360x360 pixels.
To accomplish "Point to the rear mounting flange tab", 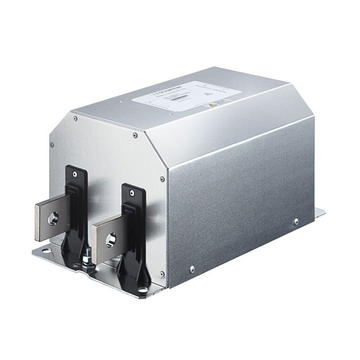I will click(x=318, y=213).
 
